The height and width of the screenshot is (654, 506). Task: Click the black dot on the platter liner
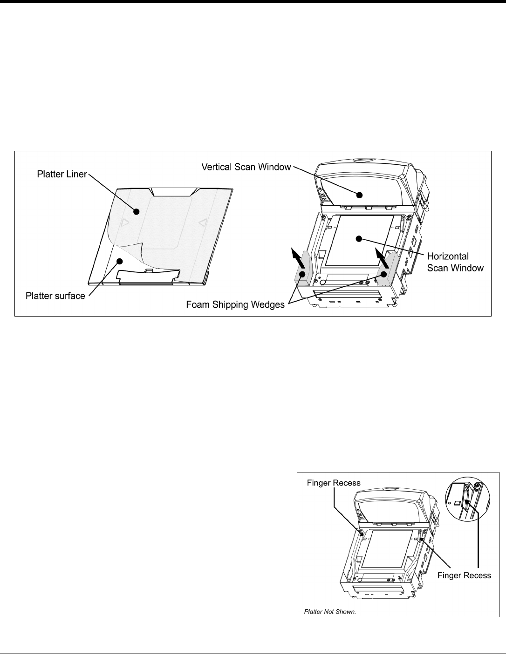tap(137, 212)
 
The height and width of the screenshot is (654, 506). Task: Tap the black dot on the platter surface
tap(120, 261)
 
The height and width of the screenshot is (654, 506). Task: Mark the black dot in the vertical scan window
tap(360, 194)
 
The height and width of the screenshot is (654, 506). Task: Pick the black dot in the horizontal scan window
tap(359, 239)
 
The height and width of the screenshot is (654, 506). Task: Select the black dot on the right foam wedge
tap(385, 274)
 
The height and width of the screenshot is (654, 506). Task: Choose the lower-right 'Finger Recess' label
tap(464, 575)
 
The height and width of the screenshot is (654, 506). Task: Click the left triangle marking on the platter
tap(124, 223)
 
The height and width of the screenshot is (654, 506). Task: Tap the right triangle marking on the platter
tap(201, 224)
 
